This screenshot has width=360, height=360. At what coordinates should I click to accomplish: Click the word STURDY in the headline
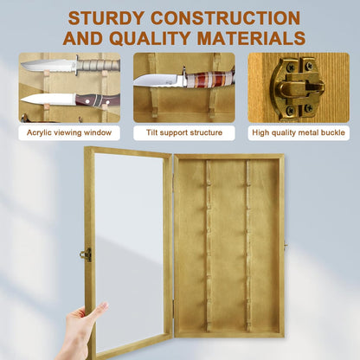(106, 18)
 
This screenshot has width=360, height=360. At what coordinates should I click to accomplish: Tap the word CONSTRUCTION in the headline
(226, 18)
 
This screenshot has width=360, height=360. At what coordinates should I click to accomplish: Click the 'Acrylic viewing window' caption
(69, 132)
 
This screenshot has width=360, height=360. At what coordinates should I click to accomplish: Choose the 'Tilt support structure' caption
(184, 132)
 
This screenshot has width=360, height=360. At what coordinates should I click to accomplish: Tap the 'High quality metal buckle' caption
(299, 132)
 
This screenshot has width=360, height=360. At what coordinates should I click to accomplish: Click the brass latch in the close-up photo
(296, 87)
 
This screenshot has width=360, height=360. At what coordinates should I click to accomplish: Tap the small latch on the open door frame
(86, 254)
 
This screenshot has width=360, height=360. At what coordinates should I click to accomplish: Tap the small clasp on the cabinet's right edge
(286, 246)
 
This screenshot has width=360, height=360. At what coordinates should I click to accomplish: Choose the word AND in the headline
(82, 38)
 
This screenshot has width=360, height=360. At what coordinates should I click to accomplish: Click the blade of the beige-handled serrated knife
(48, 65)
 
